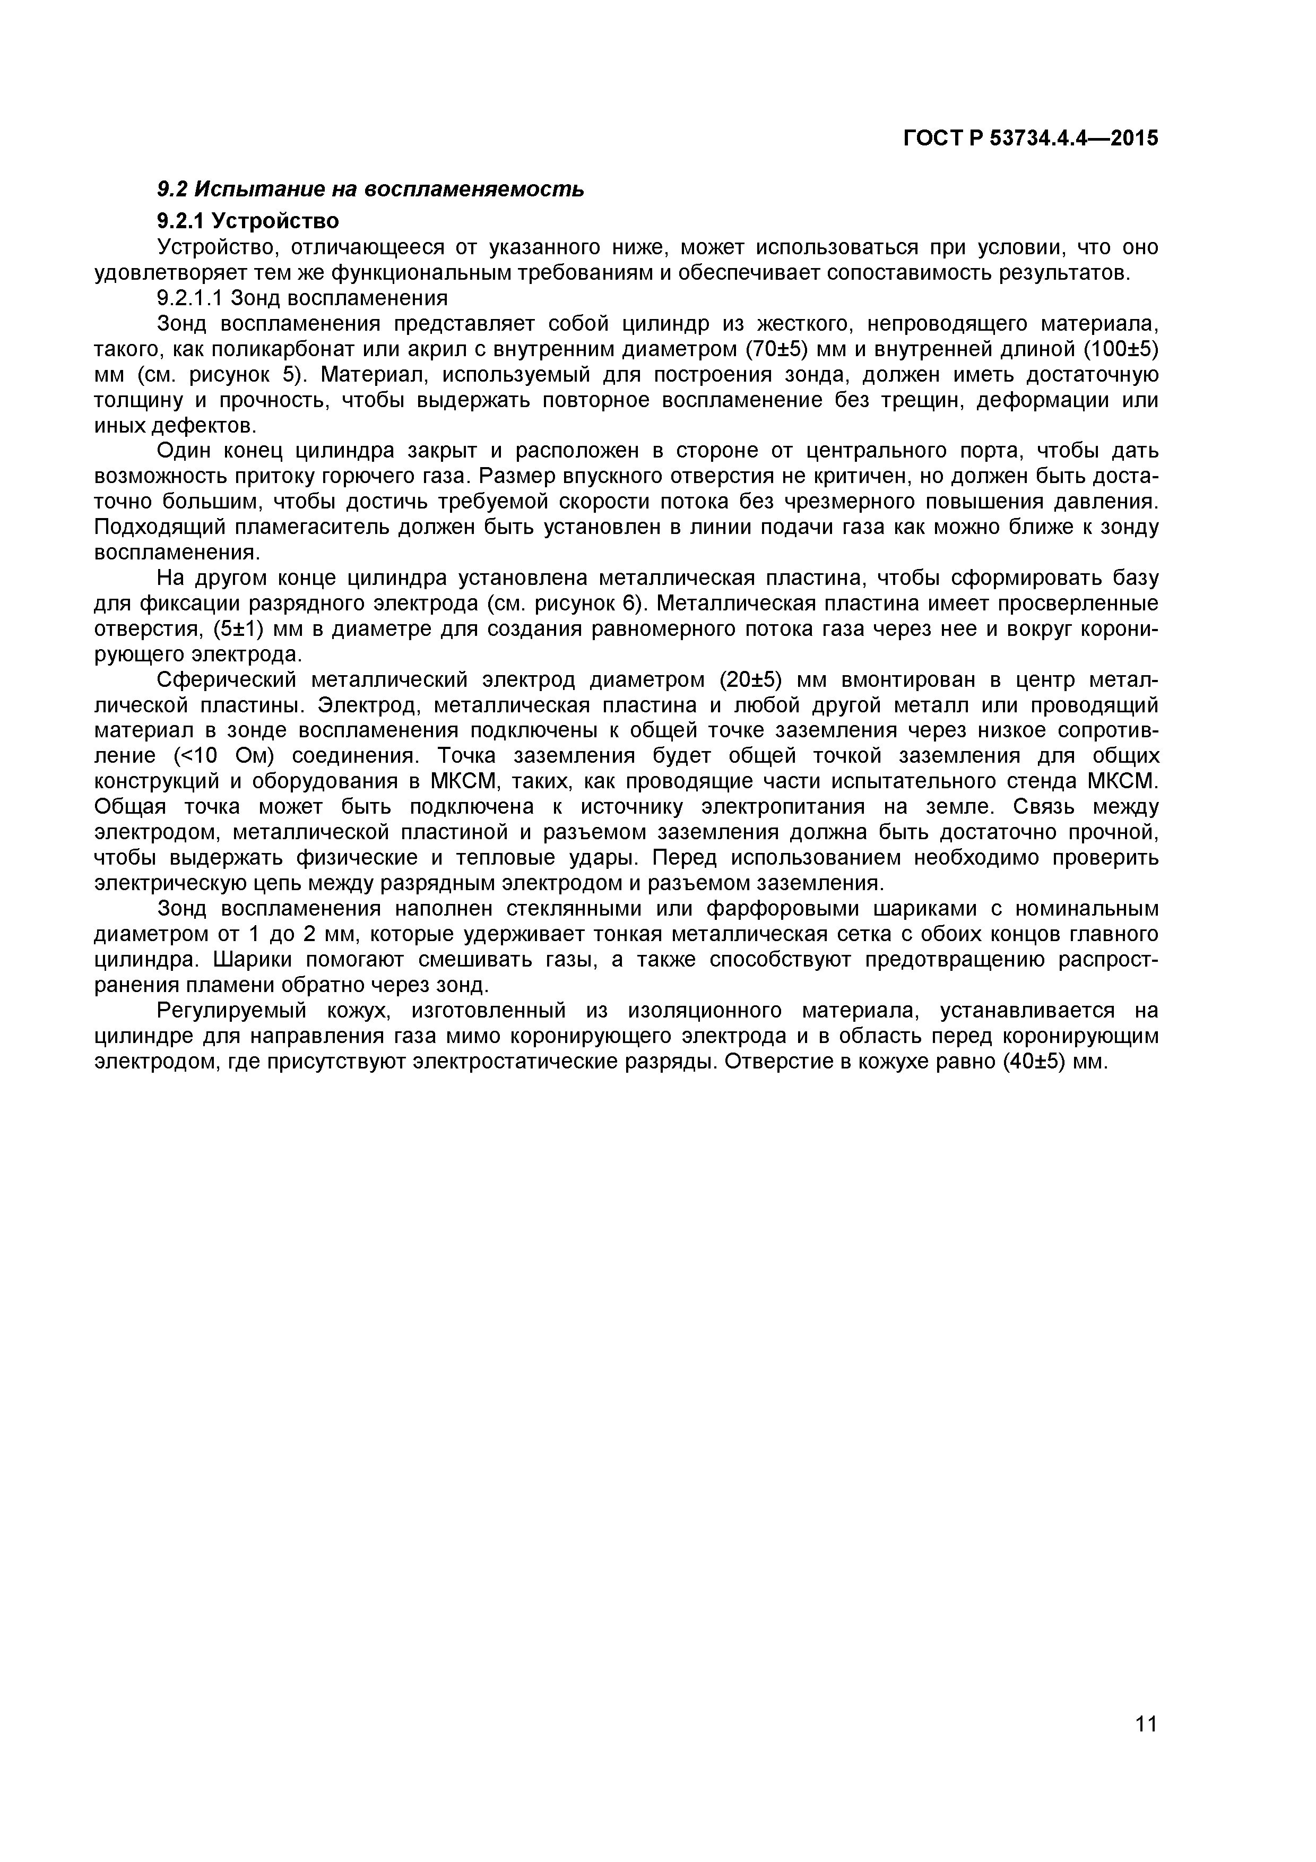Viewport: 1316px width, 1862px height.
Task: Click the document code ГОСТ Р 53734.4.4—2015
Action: (1031, 139)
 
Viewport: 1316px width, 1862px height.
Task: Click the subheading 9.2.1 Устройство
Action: (247, 221)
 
